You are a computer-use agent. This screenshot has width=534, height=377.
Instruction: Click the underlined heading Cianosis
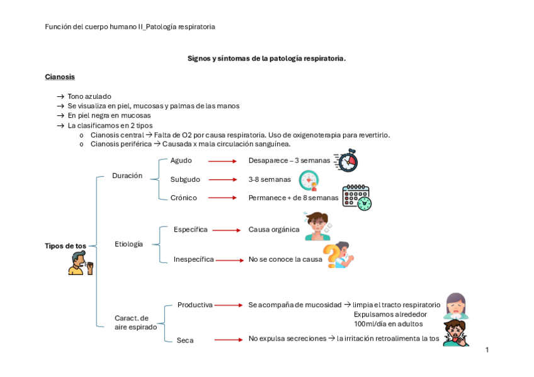[60, 77]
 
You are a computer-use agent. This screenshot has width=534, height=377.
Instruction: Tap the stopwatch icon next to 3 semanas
[346, 160]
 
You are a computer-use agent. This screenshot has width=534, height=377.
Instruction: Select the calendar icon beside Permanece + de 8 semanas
[356, 197]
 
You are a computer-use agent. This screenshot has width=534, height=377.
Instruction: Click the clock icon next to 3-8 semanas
[309, 180]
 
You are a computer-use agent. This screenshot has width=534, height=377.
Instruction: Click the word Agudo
[181, 160]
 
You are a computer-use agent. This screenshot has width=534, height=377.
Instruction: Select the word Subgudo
[185, 179]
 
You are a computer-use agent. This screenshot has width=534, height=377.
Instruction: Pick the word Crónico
[183, 198]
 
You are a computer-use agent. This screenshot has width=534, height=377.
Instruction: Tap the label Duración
[127, 176]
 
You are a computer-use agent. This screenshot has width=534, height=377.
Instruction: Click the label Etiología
[128, 244]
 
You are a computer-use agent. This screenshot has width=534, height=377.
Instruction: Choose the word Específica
[190, 230]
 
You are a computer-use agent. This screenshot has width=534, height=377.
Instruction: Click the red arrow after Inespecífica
[229, 260]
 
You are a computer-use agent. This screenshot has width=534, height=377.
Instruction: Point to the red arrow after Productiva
[229, 305]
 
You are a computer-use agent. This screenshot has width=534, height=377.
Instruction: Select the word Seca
[185, 340]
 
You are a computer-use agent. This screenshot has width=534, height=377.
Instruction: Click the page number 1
[487, 350]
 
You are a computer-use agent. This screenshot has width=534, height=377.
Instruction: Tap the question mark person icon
[341, 255]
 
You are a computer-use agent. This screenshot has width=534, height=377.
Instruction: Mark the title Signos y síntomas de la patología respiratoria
[266, 59]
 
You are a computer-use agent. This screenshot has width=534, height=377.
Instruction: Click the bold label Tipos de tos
[65, 246]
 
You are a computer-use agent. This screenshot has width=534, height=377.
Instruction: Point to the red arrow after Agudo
[222, 161]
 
